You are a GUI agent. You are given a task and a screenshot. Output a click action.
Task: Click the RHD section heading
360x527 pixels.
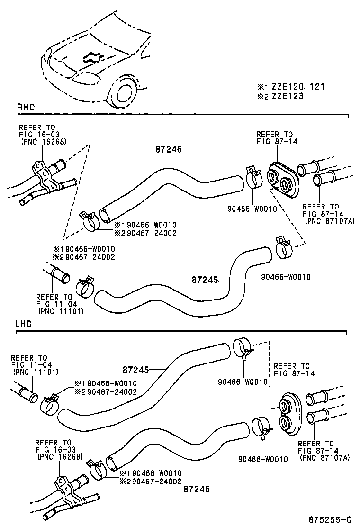26,108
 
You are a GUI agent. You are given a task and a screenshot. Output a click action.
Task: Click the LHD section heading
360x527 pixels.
24,325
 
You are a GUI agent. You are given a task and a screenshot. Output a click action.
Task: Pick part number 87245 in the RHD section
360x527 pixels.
205,280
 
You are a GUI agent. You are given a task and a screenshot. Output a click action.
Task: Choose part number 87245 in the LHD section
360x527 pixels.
136,369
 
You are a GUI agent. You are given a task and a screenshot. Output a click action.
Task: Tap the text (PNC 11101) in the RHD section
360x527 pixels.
61,311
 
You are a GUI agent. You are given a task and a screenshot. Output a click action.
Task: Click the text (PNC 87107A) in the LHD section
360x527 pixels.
324,458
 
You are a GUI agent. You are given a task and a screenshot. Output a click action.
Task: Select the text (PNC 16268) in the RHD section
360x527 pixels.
44,141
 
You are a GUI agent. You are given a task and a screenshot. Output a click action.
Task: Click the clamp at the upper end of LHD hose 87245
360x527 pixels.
242,348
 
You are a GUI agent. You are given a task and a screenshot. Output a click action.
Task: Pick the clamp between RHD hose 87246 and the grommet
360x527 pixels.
254,179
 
